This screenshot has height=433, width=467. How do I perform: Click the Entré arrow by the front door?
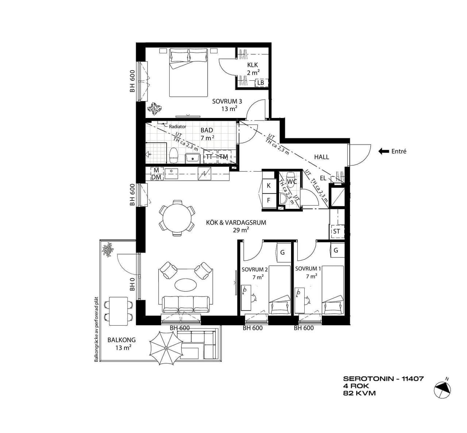[x=383, y=151]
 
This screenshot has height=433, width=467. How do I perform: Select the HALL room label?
[x=321, y=157]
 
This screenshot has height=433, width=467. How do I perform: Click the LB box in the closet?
[x=260, y=83]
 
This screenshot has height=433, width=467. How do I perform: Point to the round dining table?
[x=177, y=218]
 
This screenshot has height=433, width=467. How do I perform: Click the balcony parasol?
[x=166, y=348]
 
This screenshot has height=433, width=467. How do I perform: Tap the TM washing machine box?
[x=224, y=157]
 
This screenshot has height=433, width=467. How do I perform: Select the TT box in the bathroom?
[x=209, y=157]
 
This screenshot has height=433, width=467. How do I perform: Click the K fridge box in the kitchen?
[x=269, y=186]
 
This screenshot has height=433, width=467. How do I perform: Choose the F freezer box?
[x=269, y=200]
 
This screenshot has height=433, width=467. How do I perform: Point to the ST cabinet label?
[x=336, y=231]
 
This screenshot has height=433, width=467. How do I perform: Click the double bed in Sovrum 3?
[x=189, y=73]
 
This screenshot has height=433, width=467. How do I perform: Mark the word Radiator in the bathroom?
[x=178, y=127]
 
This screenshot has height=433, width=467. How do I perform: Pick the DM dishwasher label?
[x=156, y=177]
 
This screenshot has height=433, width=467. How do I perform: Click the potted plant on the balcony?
[x=108, y=249]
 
